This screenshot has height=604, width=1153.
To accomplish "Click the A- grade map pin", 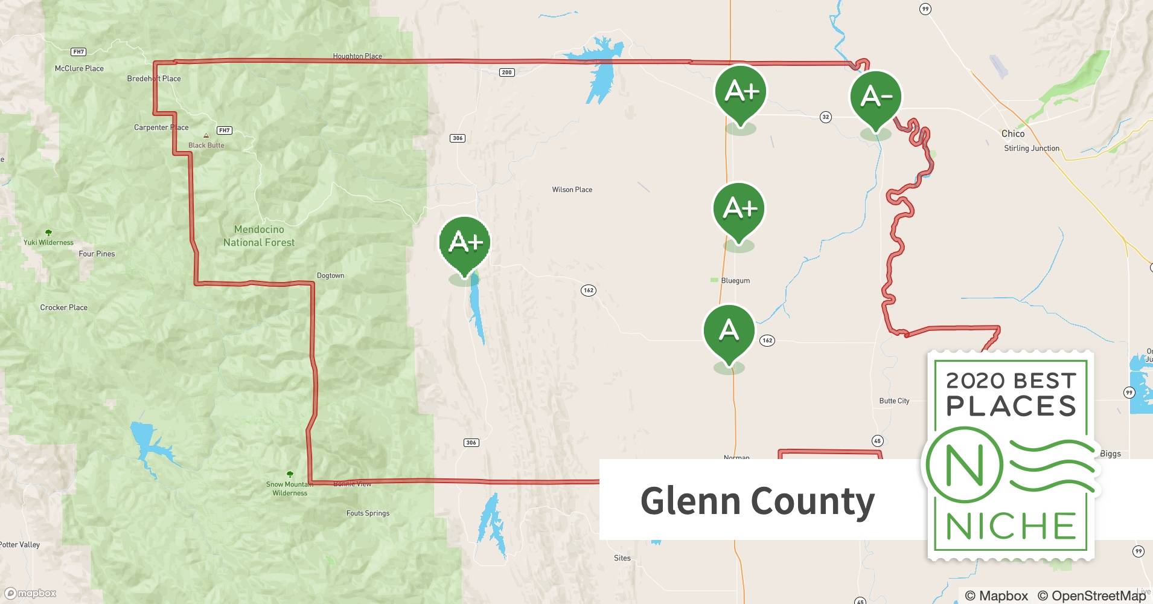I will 875,97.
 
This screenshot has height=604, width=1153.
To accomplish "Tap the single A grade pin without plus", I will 729,331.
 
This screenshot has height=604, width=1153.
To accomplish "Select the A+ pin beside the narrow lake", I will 464,242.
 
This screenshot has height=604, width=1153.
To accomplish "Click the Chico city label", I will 1012,133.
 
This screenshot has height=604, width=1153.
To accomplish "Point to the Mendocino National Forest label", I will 259,236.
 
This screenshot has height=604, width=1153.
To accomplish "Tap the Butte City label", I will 894,401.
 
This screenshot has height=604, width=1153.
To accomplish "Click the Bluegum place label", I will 735,281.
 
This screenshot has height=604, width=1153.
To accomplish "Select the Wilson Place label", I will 572,190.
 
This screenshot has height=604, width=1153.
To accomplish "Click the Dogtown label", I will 330,275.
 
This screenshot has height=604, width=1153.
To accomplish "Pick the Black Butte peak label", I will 206,145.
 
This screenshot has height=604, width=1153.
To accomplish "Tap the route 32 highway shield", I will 826,117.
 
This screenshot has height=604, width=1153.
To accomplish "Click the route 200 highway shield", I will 506,72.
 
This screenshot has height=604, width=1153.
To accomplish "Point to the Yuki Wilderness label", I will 48,242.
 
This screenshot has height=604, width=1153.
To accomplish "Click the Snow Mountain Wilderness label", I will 290,489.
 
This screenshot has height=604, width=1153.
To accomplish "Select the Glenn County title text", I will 757,501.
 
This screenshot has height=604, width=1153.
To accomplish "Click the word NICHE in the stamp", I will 1011,526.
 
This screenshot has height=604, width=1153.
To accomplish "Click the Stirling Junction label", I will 1031,149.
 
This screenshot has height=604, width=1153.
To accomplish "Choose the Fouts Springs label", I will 368,513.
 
